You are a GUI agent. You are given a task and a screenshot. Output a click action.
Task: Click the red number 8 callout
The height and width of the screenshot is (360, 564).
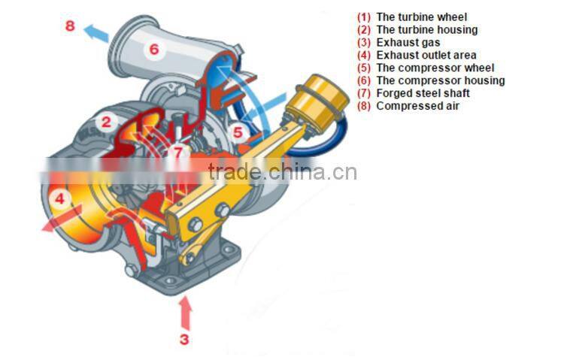(70, 26)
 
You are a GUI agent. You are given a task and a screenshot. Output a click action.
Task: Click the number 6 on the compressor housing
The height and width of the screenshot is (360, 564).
(153, 50)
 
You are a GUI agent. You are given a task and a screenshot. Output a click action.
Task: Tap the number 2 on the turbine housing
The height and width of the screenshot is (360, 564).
(108, 121)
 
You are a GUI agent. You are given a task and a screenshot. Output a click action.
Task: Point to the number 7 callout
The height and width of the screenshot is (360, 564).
(177, 152)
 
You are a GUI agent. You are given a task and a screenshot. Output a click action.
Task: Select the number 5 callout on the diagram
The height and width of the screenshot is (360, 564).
(238, 132)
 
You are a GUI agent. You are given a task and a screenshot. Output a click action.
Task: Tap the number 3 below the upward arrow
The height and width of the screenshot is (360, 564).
(184, 338)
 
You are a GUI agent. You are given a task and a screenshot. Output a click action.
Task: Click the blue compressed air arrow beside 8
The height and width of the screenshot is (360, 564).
(96, 33)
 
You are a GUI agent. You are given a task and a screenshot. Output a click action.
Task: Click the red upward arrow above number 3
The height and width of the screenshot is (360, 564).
(184, 312)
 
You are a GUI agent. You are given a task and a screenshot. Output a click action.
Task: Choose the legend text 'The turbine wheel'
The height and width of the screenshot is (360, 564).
(421, 17)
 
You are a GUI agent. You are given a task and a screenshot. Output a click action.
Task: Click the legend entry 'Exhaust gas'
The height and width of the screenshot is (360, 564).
(408, 42)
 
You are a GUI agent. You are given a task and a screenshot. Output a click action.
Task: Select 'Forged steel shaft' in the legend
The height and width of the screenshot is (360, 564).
(423, 93)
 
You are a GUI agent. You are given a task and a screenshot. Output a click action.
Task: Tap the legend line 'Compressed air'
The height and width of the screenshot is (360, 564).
(417, 106)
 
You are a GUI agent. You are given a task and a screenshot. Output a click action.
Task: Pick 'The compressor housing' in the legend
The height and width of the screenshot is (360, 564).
(440, 80)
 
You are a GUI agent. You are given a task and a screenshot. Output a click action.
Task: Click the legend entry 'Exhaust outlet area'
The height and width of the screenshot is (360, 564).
(426, 55)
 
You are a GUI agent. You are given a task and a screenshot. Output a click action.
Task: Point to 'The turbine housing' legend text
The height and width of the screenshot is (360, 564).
(426, 29)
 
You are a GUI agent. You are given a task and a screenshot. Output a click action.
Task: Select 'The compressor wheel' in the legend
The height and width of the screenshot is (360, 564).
(435, 68)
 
